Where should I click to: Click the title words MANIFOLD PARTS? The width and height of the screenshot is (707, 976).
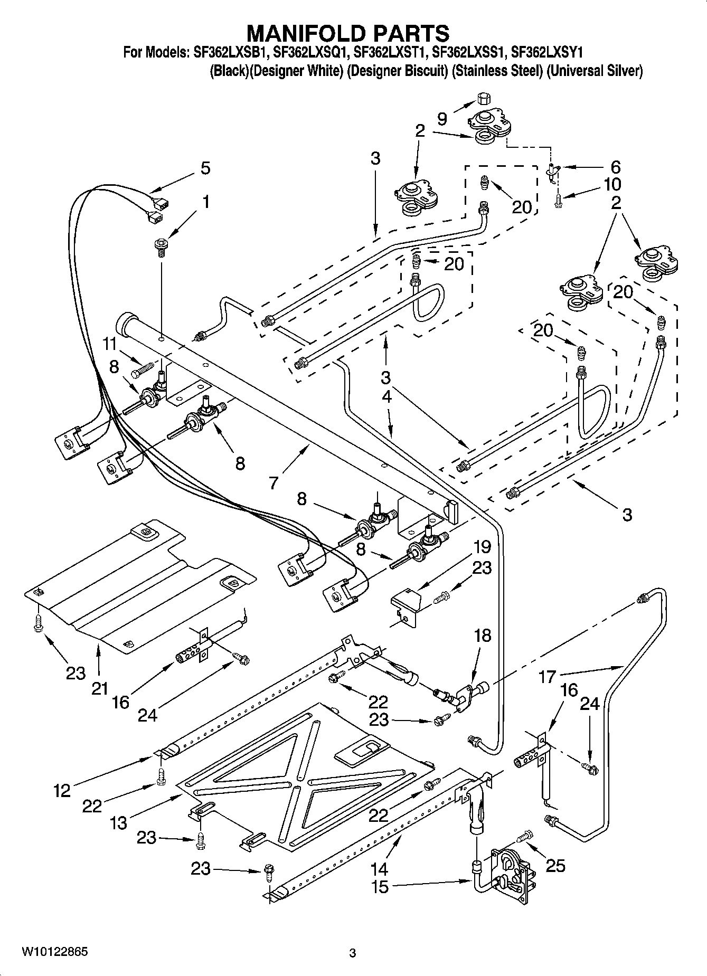point(348,33)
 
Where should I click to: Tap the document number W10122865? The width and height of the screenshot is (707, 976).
point(55,952)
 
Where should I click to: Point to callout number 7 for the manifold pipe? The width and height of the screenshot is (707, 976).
point(273,482)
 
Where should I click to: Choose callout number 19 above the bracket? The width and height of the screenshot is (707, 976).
point(482,547)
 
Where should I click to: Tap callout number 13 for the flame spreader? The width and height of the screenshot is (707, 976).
point(119,822)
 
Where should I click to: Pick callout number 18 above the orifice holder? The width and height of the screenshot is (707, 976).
point(482,635)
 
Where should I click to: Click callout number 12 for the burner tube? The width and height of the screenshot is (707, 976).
point(62,790)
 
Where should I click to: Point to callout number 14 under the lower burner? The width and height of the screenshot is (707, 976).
point(379,868)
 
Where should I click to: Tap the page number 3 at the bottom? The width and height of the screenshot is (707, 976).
point(353,953)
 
